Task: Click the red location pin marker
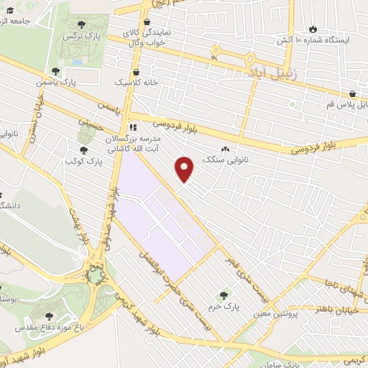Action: tap(185, 169)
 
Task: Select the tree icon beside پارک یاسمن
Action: tap(55, 71)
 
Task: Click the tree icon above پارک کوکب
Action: tap(83, 150)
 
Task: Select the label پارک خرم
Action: tap(222, 307)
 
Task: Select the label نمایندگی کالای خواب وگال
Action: tap(147, 37)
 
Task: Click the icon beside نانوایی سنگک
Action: tap(226, 149)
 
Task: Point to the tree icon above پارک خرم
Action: tap(222, 295)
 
